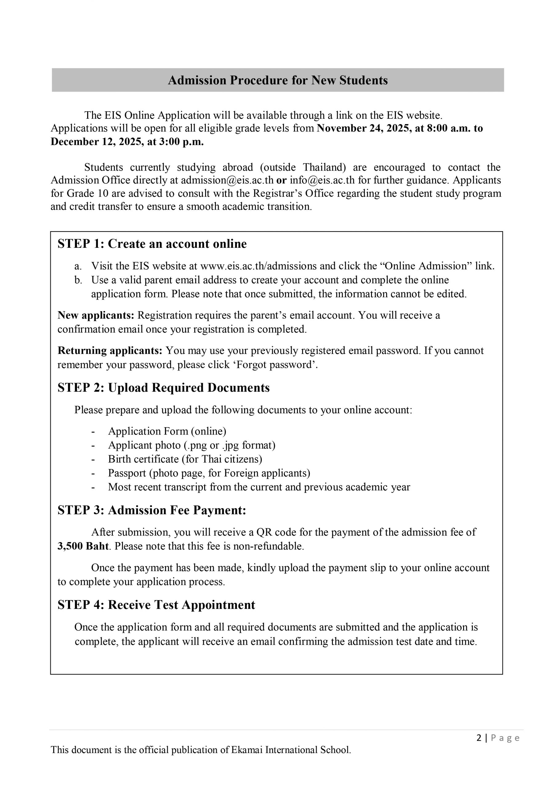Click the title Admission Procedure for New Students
point(277,80)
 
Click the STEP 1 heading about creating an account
point(152,244)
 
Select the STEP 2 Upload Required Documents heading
point(163,388)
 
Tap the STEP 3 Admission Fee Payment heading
point(152,510)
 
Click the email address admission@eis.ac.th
point(227,180)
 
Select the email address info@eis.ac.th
point(322,180)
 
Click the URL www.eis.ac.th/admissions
point(258,266)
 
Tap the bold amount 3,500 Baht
point(83,546)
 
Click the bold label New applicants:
point(96,315)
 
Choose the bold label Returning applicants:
point(110,350)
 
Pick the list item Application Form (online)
point(167,431)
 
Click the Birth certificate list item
point(185,459)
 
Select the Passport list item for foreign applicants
point(209,473)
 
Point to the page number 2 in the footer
point(479,738)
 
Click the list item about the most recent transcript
point(259,487)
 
